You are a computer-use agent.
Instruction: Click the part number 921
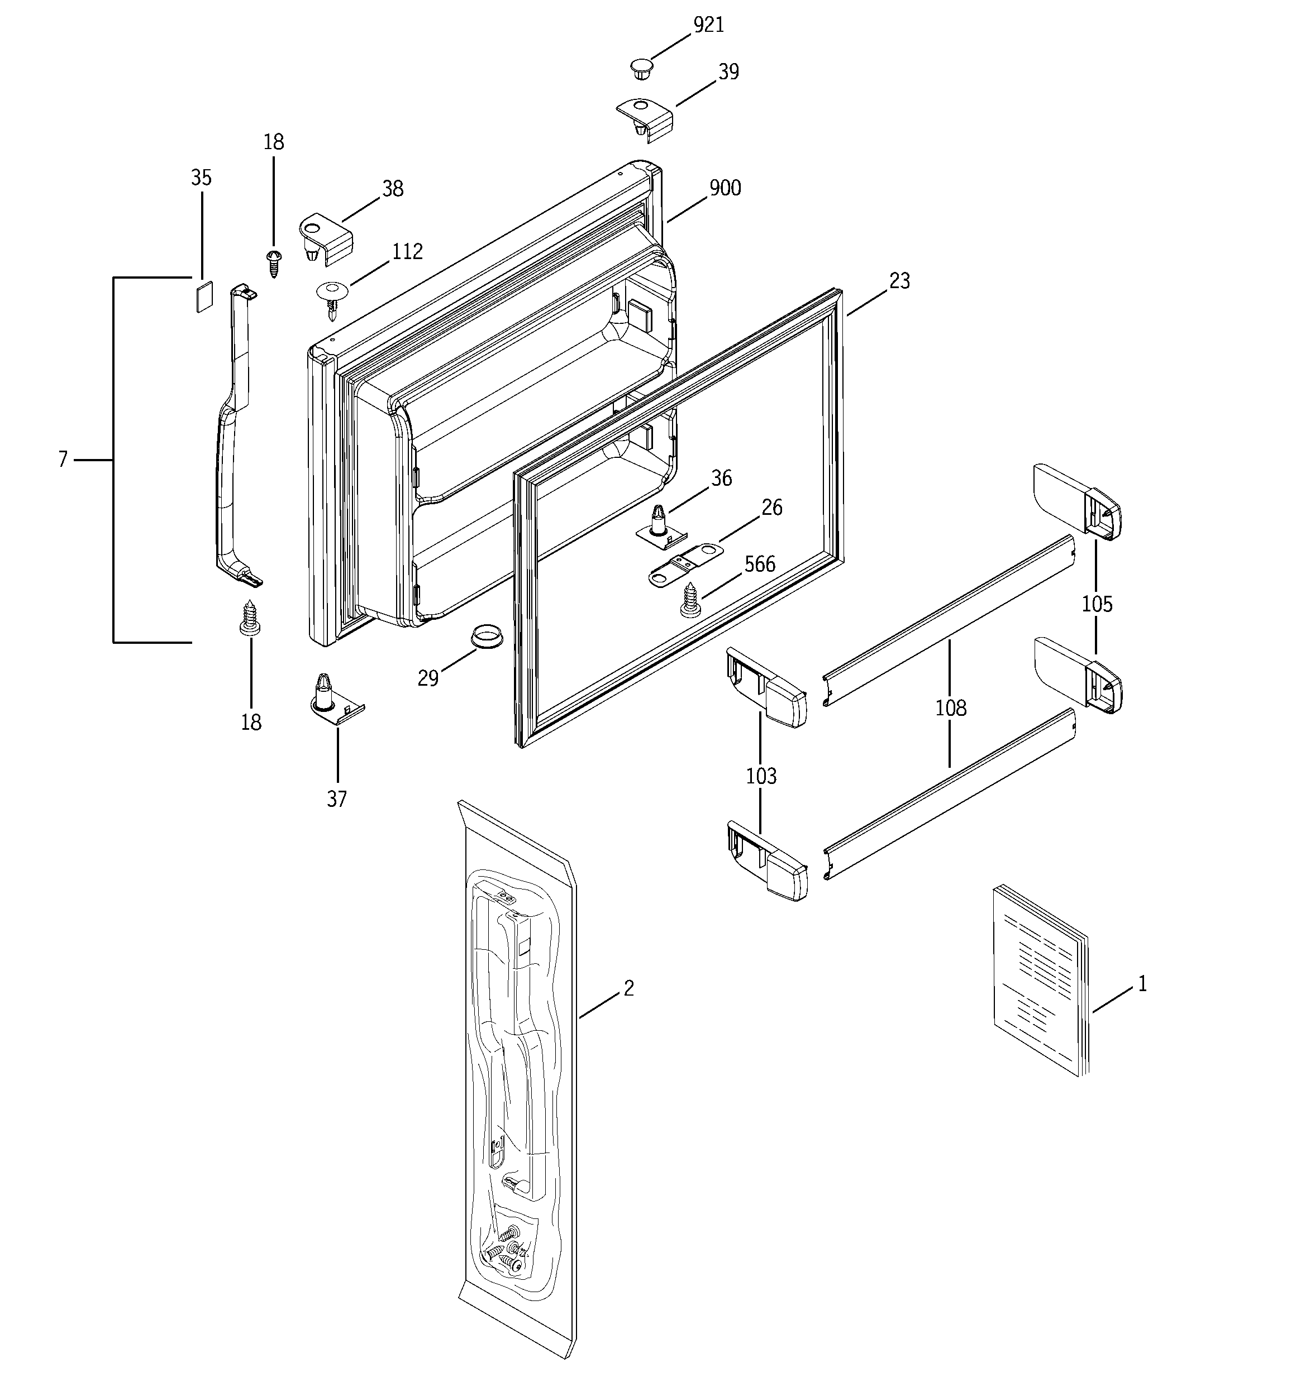pos(709,26)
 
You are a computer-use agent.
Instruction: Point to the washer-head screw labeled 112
pos(332,295)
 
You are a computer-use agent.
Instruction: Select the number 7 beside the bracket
pos(63,460)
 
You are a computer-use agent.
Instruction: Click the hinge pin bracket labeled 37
pos(336,702)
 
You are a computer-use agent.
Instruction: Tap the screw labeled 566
pos(690,600)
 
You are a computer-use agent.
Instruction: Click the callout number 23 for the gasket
pos(899,281)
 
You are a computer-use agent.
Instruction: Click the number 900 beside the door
pos(725,188)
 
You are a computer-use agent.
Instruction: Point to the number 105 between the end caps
pos(1097,604)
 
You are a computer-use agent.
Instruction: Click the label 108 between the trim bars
pos(950,709)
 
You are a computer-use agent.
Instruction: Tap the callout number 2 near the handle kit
pos(628,988)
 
